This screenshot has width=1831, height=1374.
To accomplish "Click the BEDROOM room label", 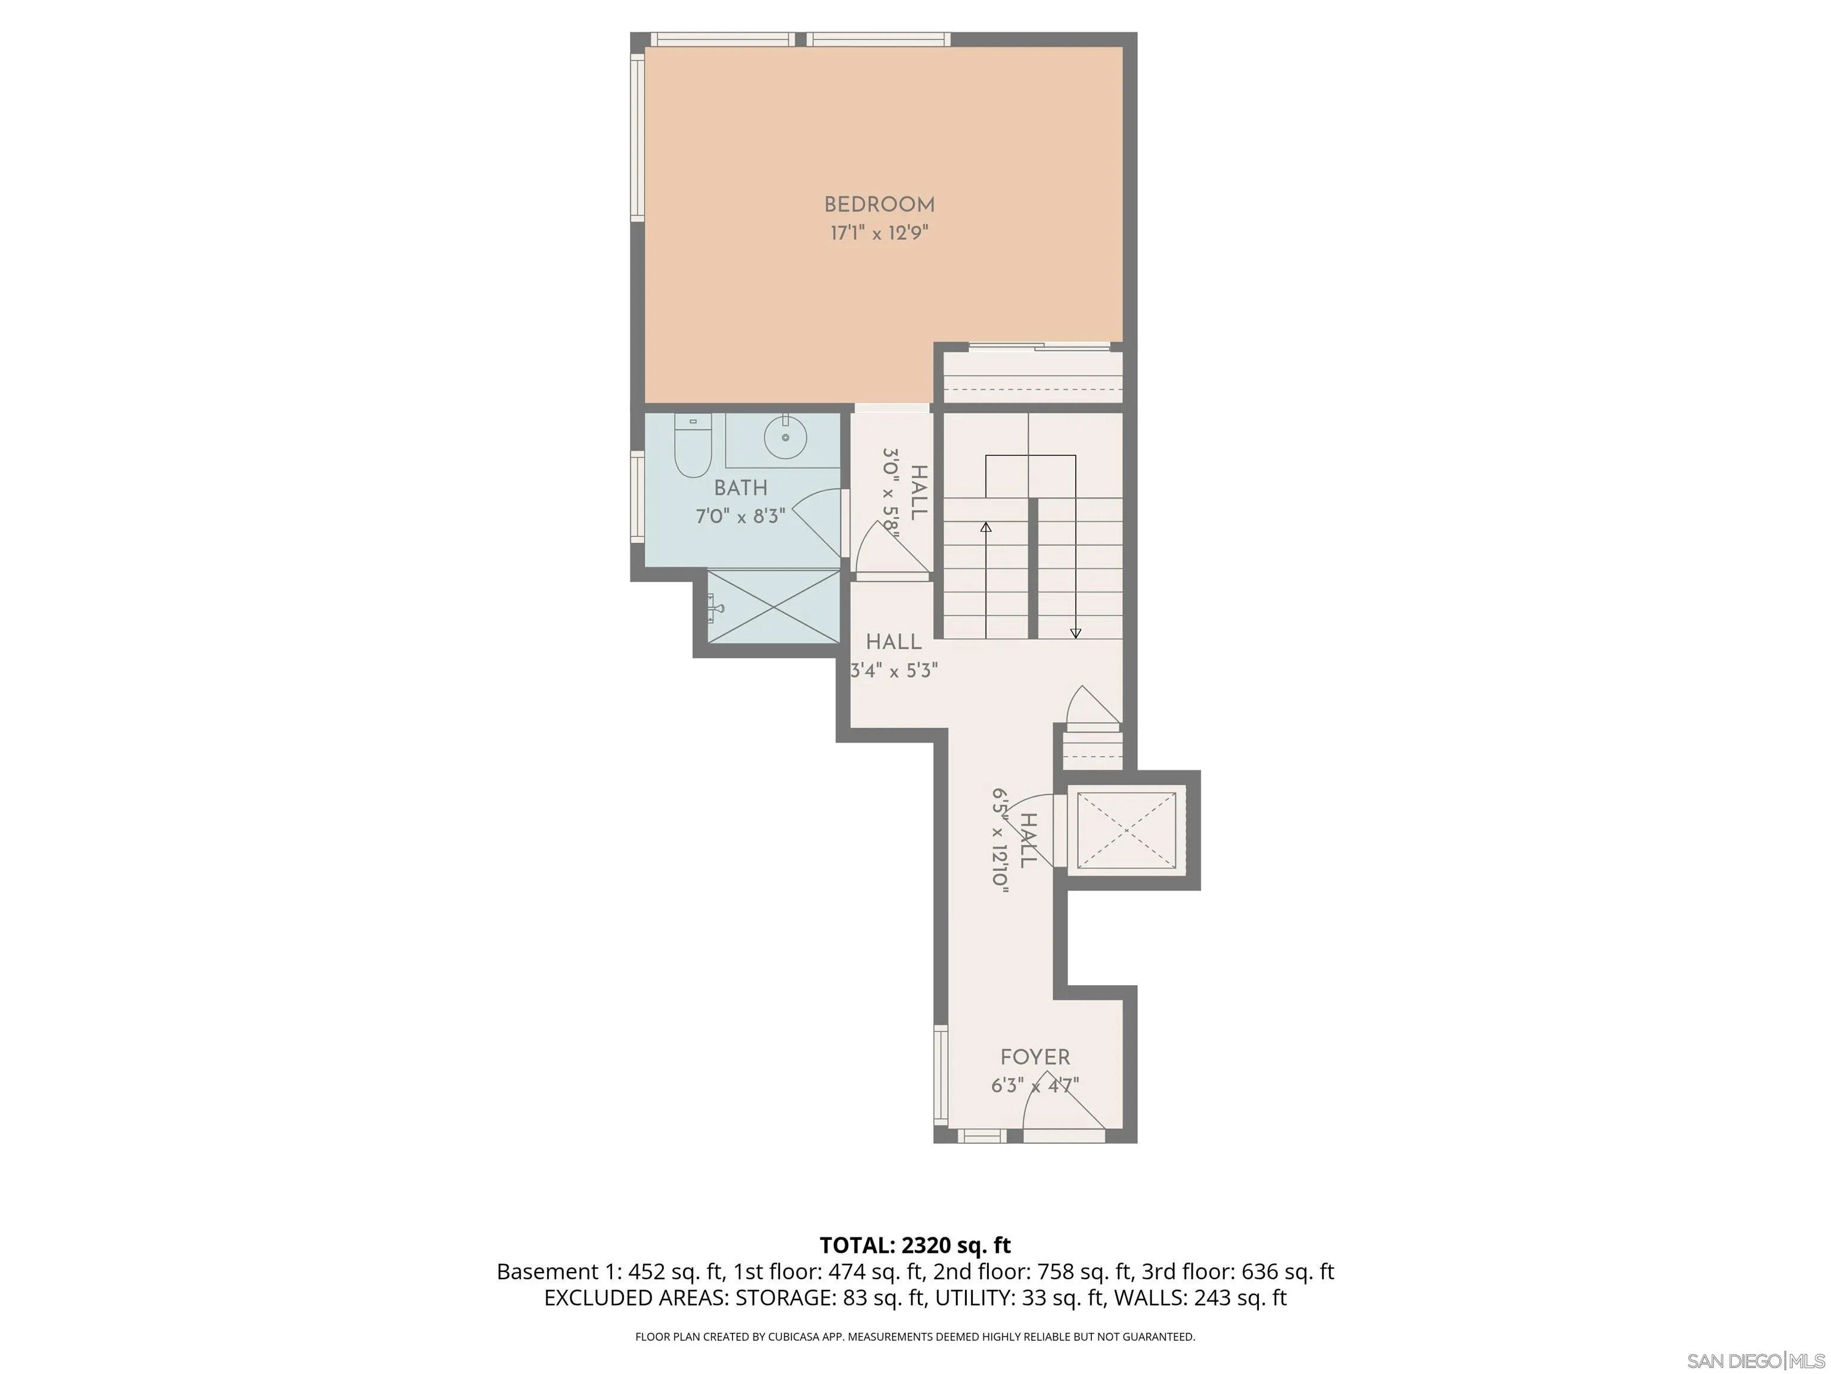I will tap(879, 205).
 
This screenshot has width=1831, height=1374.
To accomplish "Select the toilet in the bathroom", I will tap(692, 448).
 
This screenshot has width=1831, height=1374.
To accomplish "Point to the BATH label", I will tap(741, 488).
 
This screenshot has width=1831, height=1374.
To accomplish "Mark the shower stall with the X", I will tap(773, 606).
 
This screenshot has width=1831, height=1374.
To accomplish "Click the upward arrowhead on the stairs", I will tap(985, 527).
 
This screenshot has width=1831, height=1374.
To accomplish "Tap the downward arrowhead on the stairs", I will tap(1075, 633).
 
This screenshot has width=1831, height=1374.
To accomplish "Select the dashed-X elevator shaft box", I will tap(1126, 831).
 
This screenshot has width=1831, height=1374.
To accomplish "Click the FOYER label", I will tap(1035, 1057).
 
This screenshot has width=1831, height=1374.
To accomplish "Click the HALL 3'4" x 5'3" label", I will tap(894, 656).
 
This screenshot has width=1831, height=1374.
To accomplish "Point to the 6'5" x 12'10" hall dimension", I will tap(1001, 840).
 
